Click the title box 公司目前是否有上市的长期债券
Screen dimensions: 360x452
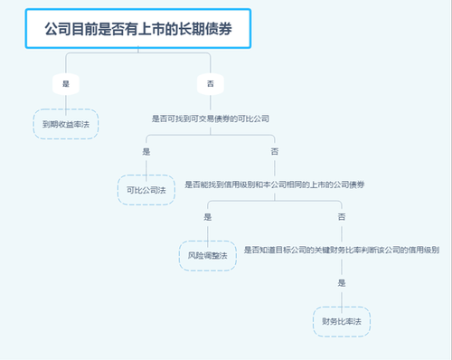137,29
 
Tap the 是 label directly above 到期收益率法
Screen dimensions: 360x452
66,83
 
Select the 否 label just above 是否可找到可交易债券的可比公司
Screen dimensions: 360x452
210,83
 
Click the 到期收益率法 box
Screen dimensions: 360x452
65,124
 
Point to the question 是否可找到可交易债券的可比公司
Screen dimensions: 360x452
210,118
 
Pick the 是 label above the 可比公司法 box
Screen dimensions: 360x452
146,151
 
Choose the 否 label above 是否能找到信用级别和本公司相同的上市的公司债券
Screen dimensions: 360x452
274,151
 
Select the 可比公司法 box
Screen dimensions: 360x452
146,190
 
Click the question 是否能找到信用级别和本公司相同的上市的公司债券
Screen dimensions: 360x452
274,185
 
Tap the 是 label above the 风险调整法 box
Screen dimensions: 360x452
208,217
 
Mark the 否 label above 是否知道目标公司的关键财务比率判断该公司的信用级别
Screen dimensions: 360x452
341,217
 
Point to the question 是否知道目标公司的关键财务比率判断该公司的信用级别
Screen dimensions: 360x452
341,250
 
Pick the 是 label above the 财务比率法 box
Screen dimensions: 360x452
341,283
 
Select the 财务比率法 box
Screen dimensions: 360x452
341,321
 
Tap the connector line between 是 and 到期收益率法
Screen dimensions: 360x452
66,100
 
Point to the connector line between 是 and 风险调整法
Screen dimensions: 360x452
208,232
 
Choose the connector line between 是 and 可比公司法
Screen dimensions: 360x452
146,166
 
